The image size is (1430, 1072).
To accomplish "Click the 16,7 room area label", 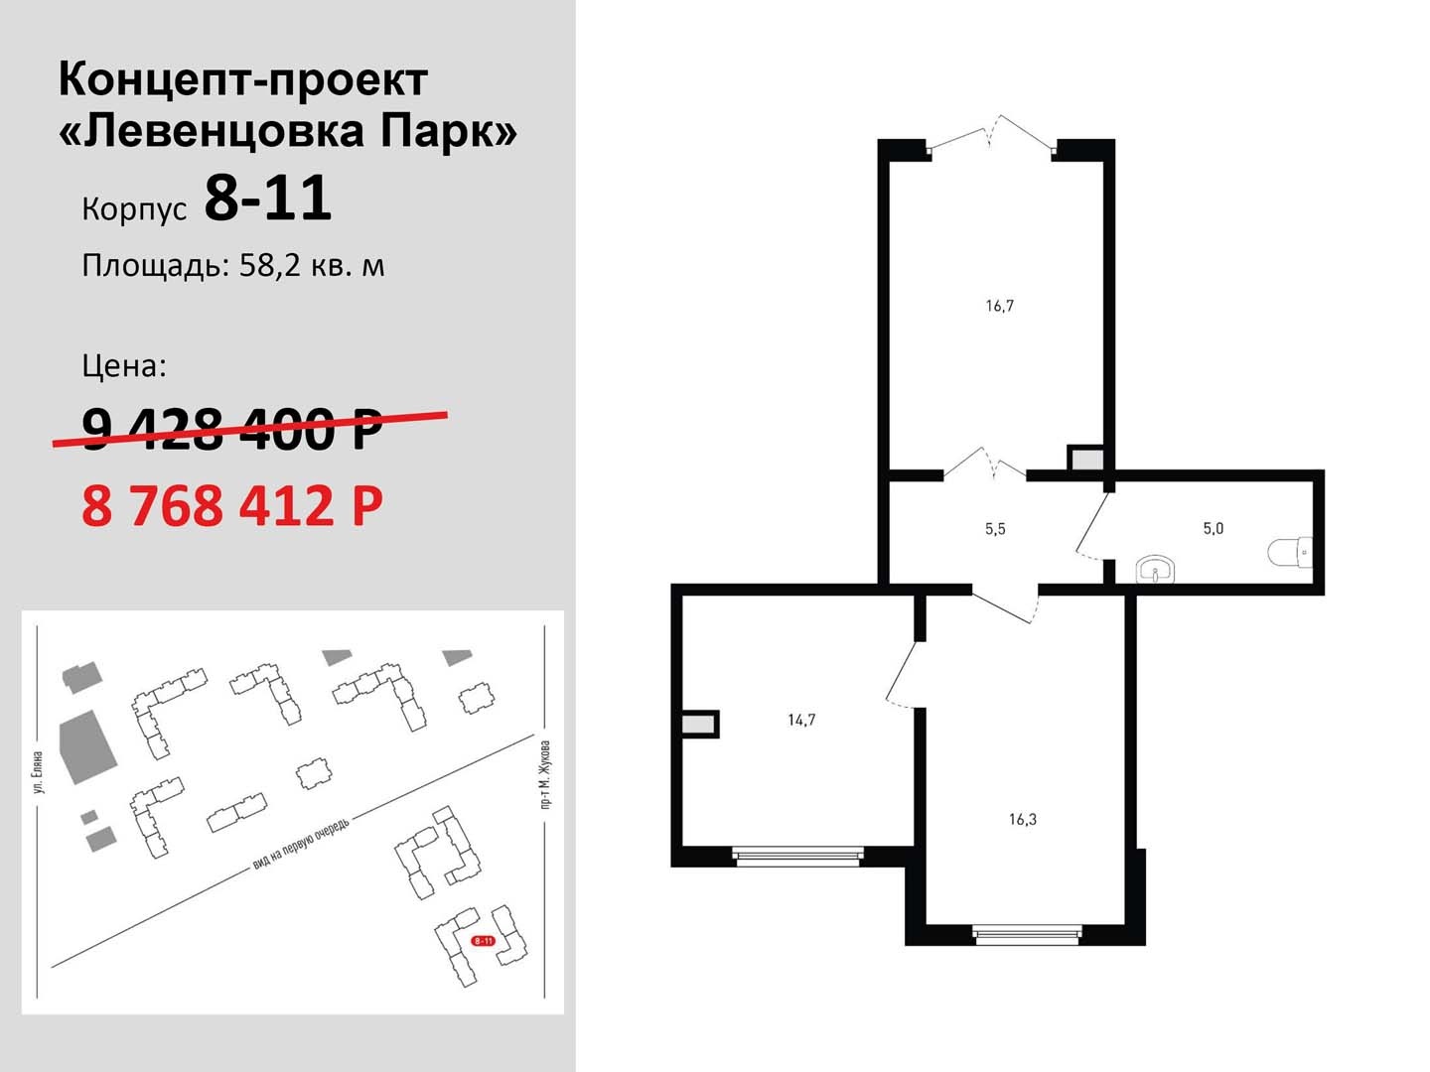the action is pyautogui.click(x=999, y=306).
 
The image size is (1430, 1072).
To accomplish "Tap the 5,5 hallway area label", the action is pyautogui.click(x=995, y=528).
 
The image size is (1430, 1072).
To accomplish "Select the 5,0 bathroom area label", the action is pyautogui.click(x=1214, y=528).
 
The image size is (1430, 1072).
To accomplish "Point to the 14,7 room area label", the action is pyautogui.click(x=801, y=720).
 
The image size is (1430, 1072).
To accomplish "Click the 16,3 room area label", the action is pyautogui.click(x=1022, y=819).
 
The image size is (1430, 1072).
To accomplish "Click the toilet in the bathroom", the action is pyautogui.click(x=1290, y=552).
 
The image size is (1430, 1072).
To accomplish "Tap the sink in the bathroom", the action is pyautogui.click(x=1155, y=570).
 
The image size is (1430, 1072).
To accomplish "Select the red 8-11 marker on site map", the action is pyautogui.click(x=483, y=941).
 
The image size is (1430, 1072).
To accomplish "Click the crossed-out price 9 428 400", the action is pyautogui.click(x=232, y=430).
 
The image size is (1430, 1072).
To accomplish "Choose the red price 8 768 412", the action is pyautogui.click(x=232, y=506).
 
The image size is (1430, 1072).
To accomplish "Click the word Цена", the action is pyautogui.click(x=124, y=366).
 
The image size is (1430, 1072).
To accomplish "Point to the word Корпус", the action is pyautogui.click(x=134, y=209).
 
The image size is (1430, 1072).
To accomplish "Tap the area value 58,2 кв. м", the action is pyautogui.click(x=312, y=266).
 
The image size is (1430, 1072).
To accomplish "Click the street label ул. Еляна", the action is pyautogui.click(x=41, y=772).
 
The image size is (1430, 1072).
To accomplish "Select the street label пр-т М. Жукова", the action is pyautogui.click(x=545, y=774).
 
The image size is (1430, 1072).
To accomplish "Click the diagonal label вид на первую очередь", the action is pyautogui.click(x=302, y=843).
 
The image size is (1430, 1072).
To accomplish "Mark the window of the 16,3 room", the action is pyautogui.click(x=1026, y=935).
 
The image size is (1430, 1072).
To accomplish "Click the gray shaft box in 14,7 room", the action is pyautogui.click(x=699, y=725).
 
